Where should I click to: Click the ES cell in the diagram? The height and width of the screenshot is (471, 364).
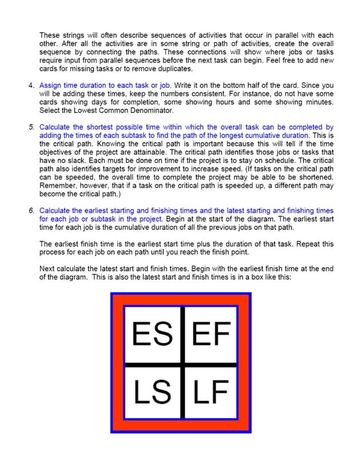152,334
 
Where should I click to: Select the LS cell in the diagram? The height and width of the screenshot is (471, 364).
152,392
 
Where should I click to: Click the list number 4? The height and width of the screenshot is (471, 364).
31,86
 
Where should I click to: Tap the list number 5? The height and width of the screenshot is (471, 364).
31,127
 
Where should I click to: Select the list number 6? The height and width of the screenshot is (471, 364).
31,210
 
